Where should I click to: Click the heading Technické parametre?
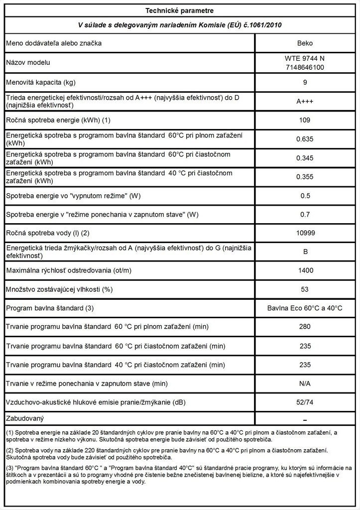[x=180, y=10]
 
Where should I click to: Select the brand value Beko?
[x=305, y=43]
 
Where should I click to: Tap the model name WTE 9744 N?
[x=305, y=58]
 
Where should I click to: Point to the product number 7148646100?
[x=305, y=66]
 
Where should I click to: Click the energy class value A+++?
[x=305, y=101]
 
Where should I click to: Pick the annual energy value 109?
[x=305, y=120]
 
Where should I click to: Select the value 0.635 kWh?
[x=305, y=139]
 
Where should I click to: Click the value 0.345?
[x=305, y=158]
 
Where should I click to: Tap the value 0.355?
[x=305, y=177]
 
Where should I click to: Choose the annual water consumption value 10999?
[x=305, y=233]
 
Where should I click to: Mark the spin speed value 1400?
[x=305, y=270]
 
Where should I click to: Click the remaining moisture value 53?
[x=305, y=289]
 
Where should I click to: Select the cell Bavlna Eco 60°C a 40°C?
[x=305, y=308]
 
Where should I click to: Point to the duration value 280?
[x=305, y=327]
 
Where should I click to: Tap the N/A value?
[x=305, y=383]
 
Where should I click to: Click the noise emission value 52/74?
[x=305, y=402]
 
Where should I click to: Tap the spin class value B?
[x=305, y=252]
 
